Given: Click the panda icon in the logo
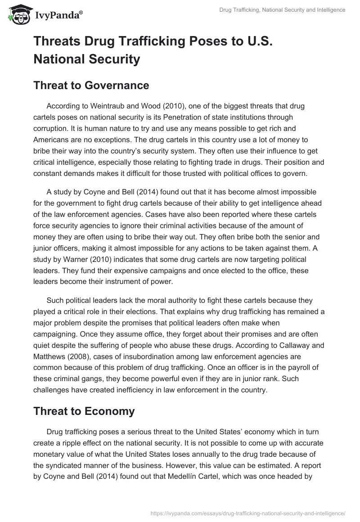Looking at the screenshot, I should point(18,16).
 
